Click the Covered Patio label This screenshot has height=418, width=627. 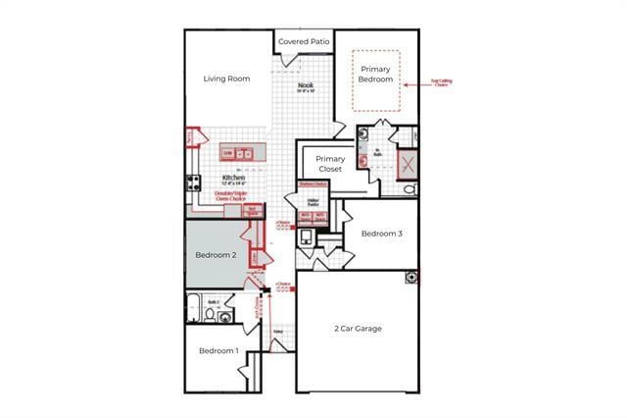[304, 42]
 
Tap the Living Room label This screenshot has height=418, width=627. [226, 78]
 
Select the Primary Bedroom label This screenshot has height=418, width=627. [376, 74]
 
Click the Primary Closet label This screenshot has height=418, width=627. [330, 163]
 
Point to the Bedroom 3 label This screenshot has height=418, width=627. [381, 234]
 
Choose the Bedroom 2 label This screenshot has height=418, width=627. [216, 255]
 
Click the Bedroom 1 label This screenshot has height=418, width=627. [218, 350]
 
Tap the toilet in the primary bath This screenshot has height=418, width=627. [410, 188]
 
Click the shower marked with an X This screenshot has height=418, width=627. [406, 164]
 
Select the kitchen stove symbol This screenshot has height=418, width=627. [194, 183]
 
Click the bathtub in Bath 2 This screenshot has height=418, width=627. [194, 308]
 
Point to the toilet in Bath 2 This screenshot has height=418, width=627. [210, 315]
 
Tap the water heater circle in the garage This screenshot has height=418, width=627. [411, 278]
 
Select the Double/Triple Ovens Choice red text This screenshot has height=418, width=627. [231, 195]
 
